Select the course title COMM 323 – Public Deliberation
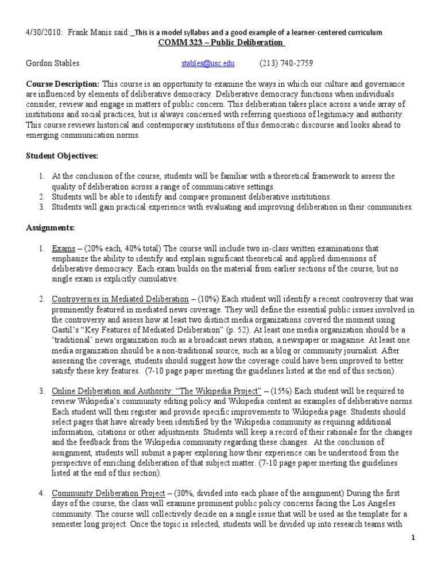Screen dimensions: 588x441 tap(220, 43)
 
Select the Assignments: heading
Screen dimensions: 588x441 tap(51, 228)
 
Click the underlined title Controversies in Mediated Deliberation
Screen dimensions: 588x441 tap(120, 299)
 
